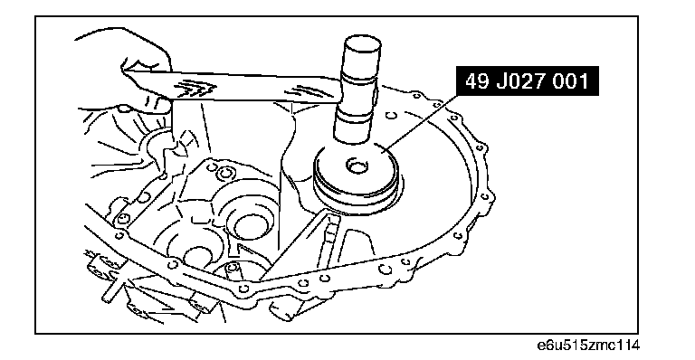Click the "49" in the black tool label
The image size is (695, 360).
(x=476, y=81)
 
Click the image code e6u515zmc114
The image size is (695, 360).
(x=588, y=345)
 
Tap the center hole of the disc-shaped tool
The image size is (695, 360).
(x=357, y=167)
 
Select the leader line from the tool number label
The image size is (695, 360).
(x=420, y=122)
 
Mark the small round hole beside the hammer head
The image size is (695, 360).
(x=390, y=116)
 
